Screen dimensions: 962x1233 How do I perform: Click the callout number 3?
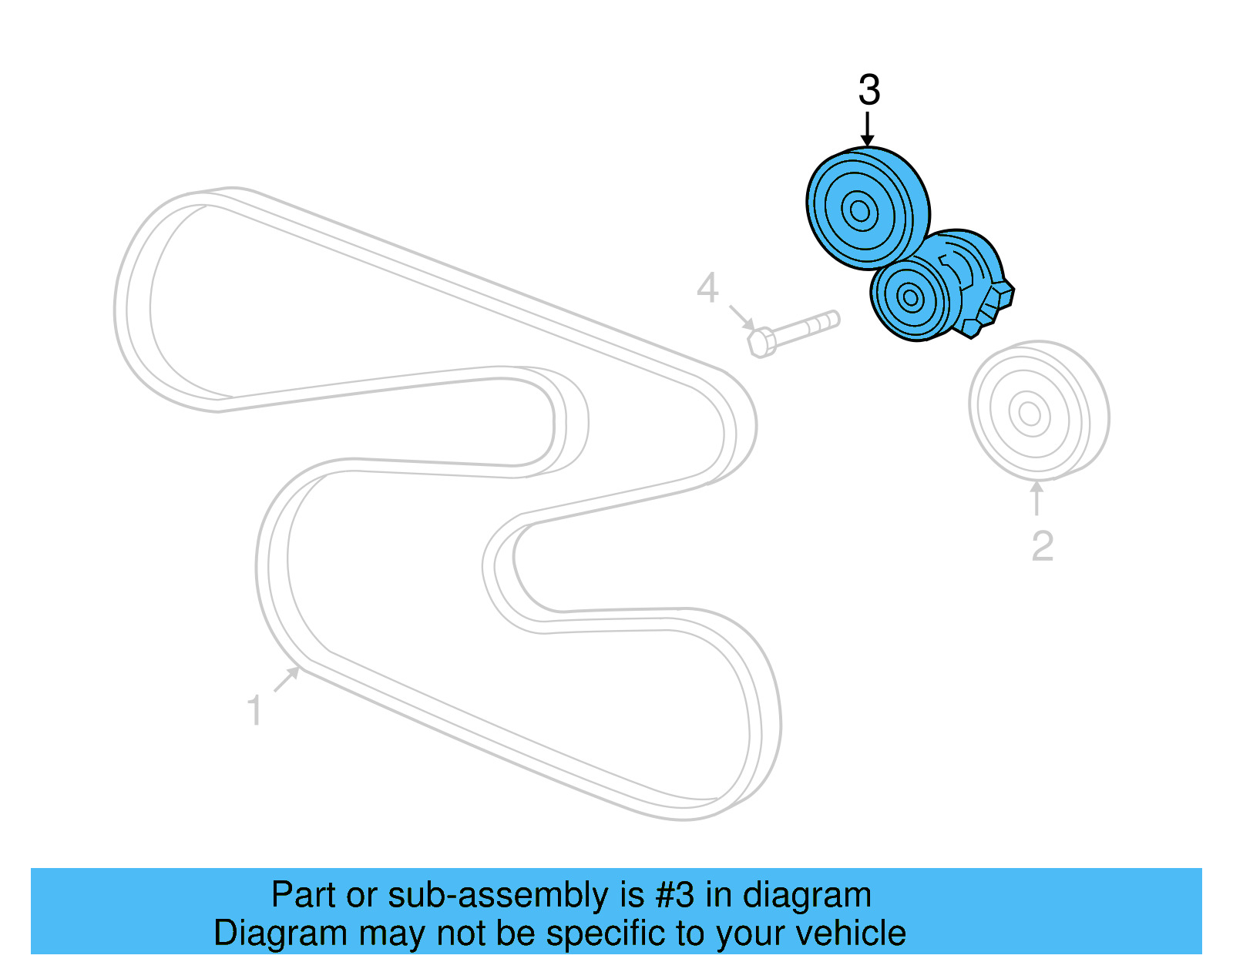pos(868,91)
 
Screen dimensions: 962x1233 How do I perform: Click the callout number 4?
pos(707,288)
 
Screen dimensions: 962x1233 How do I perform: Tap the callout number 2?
pos(1042,546)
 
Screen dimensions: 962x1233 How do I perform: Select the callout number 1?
pos(254,710)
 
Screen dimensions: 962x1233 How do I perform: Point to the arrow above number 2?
pos(1037,498)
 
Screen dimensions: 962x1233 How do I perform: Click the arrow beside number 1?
pos(287,679)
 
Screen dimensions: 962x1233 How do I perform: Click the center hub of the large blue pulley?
pos(859,209)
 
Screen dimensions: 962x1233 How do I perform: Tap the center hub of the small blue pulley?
pos(910,297)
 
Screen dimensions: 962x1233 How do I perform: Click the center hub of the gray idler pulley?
pos(1030,414)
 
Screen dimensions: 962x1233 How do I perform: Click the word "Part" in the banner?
pos(304,895)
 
